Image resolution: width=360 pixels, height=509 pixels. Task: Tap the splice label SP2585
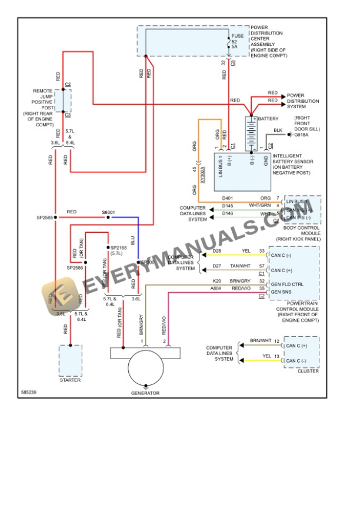(45, 217)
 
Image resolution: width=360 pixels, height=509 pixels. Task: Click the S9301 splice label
(108, 212)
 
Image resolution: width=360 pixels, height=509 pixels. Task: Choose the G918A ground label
(302, 135)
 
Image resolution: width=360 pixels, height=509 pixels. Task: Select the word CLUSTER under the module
(308, 371)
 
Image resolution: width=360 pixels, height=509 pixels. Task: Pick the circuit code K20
(216, 282)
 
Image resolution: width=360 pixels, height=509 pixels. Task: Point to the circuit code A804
(216, 289)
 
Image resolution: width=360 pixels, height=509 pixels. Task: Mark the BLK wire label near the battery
(278, 130)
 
